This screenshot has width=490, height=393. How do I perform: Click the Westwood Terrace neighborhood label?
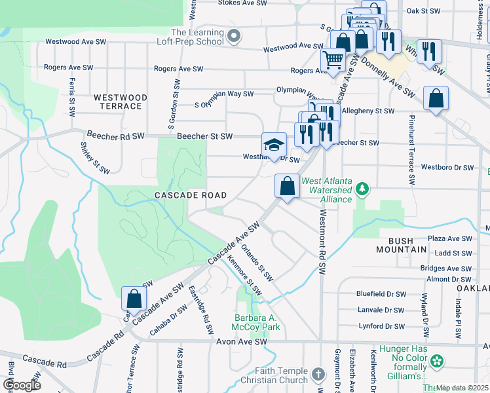(118, 102)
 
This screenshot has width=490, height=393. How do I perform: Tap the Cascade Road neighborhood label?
(191, 195)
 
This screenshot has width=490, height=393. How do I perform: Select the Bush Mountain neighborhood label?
(402, 245)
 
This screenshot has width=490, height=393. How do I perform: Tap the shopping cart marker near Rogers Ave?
(333, 60)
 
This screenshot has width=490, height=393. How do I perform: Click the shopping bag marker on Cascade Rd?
(134, 299)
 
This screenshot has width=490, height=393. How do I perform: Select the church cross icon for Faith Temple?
(318, 375)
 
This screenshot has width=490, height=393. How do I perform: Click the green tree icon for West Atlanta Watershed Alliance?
(362, 190)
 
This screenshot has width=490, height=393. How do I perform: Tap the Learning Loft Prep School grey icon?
(233, 36)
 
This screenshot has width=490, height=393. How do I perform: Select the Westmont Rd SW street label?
(322, 242)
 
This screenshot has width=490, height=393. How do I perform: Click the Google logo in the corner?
(21, 384)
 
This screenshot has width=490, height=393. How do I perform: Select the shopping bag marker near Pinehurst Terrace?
(436, 99)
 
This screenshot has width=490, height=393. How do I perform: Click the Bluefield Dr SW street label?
(381, 294)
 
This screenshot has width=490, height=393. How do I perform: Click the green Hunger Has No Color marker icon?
(436, 361)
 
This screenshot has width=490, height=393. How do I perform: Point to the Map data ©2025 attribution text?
(462, 388)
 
